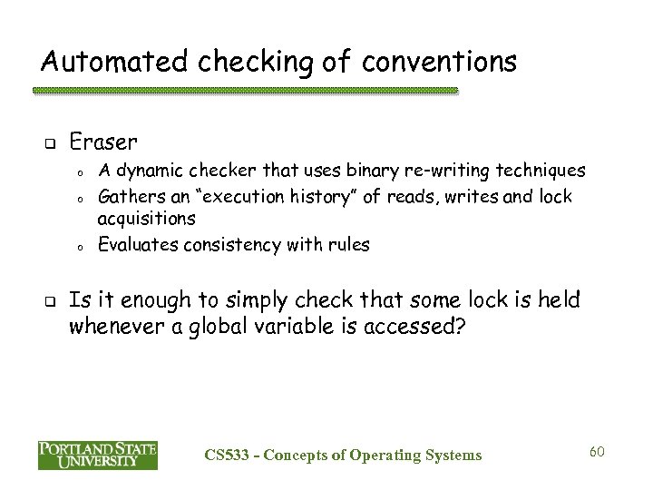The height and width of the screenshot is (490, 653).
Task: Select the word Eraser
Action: click(x=103, y=142)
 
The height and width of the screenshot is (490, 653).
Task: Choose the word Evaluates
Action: click(x=133, y=245)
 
